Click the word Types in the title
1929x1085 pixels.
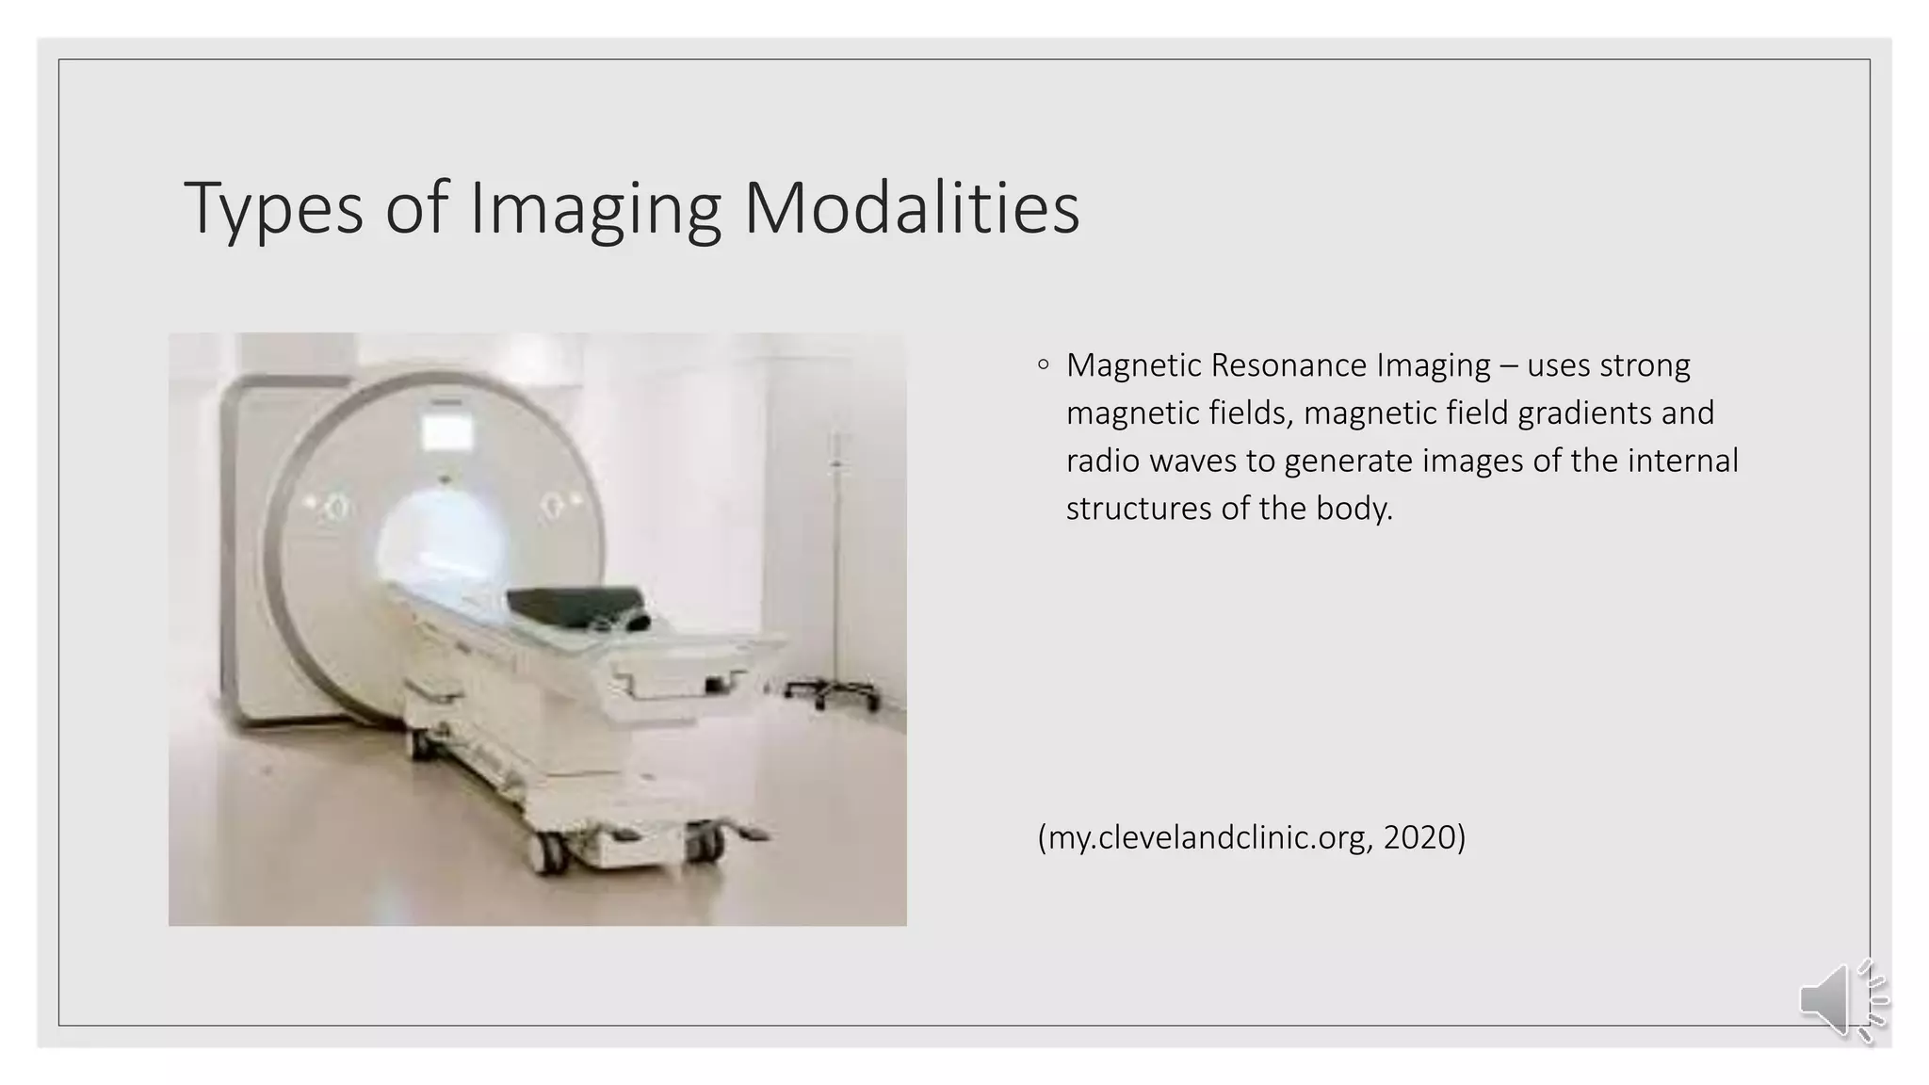coord(273,209)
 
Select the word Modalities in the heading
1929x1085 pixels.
coord(911,209)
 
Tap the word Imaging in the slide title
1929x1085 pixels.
coord(594,209)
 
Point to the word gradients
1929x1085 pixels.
coord(1589,413)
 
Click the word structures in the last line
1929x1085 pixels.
coord(1138,509)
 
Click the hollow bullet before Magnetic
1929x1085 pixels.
coord(1043,364)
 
